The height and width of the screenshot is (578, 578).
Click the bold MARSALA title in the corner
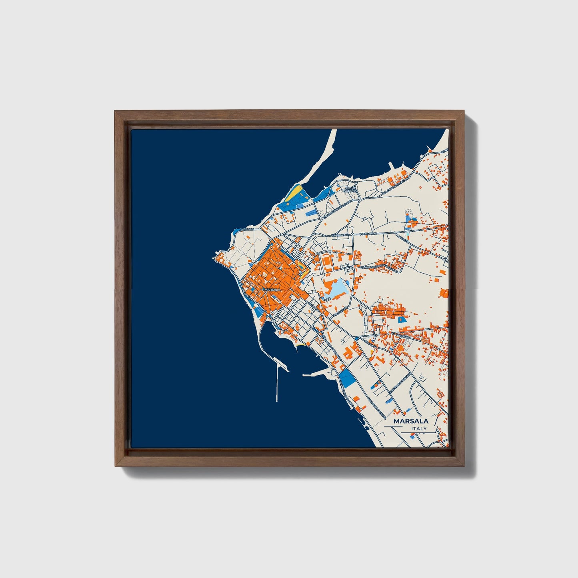pos(410,421)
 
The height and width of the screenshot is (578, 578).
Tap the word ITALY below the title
pos(418,428)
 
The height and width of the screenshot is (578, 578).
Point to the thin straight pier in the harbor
pos(277,384)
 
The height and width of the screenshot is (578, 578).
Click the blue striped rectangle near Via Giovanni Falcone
pos(310,214)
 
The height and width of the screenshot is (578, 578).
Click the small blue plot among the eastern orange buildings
pos(401,319)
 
